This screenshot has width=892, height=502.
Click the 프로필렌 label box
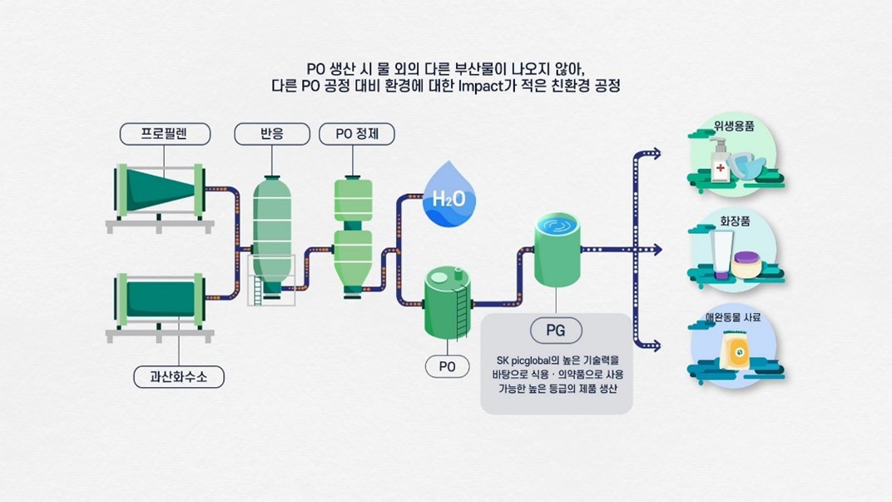coord(165,133)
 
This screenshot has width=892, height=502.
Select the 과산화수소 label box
coord(179,376)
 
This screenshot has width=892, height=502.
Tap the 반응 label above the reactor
coord(272,133)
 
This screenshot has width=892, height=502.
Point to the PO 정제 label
coord(357,133)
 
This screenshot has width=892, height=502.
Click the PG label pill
coord(556,331)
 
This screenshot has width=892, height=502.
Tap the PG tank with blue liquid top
coord(557,251)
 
